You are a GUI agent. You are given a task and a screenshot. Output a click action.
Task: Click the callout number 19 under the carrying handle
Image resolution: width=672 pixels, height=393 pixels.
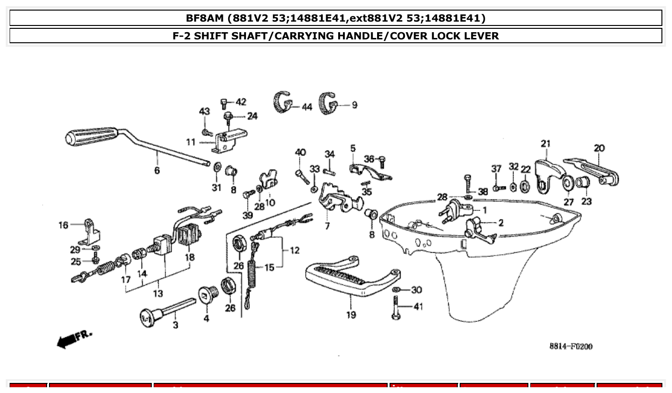351,315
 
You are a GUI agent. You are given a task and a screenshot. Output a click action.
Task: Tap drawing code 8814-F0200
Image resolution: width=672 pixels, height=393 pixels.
571,346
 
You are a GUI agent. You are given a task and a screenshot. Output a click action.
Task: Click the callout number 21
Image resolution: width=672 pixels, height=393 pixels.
545,143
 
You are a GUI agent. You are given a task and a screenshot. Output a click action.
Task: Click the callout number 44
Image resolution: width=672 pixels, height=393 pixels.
307,107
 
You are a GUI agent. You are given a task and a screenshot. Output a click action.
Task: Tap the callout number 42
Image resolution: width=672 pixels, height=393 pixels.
241,102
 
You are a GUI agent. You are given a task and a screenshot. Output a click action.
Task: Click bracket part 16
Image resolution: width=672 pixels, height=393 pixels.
92,231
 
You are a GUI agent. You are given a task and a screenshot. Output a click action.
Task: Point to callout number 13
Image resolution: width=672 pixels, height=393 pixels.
158,293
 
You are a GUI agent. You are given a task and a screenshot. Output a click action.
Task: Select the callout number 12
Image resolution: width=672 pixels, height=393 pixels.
294,250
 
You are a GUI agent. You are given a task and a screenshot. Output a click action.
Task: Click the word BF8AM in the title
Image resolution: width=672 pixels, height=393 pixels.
206,18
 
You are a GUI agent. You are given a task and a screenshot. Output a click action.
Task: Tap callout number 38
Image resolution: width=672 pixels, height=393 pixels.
483,191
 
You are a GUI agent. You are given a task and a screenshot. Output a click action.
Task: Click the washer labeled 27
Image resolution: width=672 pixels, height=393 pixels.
567,183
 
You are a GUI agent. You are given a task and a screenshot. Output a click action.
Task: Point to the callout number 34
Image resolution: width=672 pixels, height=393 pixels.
329,154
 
